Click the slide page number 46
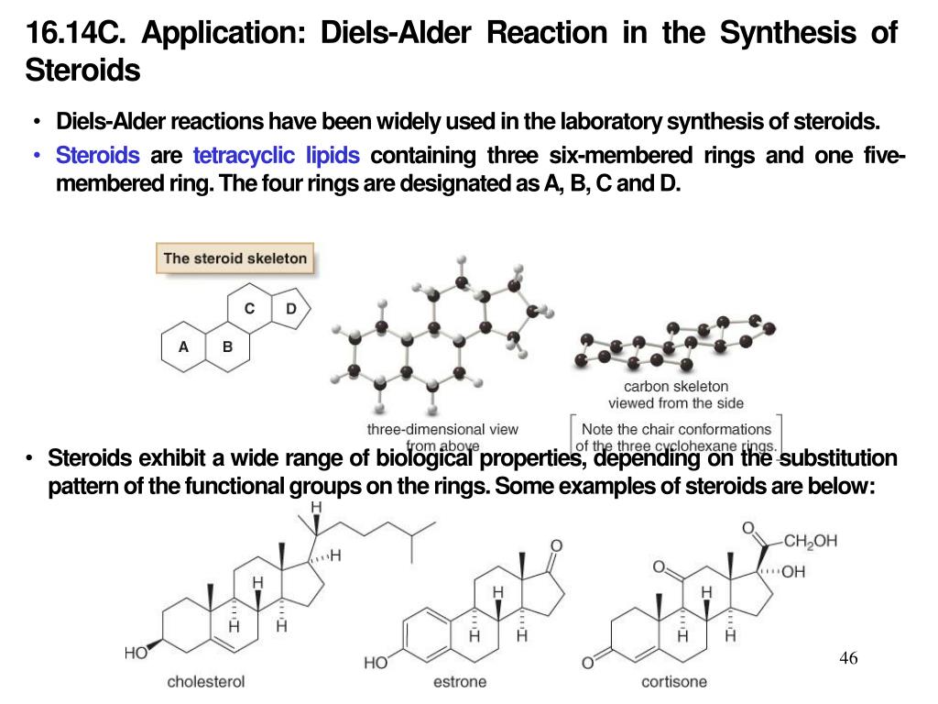(x=847, y=658)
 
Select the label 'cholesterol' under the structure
(x=205, y=682)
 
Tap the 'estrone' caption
(x=460, y=682)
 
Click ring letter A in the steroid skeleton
(x=183, y=347)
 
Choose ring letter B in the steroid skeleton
(x=227, y=347)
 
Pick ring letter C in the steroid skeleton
(x=249, y=309)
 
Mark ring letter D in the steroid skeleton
(x=291, y=309)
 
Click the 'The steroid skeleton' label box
(x=234, y=258)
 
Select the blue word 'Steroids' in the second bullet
(x=98, y=155)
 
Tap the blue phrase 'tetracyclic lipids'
(x=276, y=155)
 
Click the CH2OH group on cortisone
(x=810, y=541)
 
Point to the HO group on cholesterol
(x=136, y=654)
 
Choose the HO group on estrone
(x=376, y=662)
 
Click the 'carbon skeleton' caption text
(x=676, y=387)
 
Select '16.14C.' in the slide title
(x=77, y=33)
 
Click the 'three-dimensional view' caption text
(x=442, y=429)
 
